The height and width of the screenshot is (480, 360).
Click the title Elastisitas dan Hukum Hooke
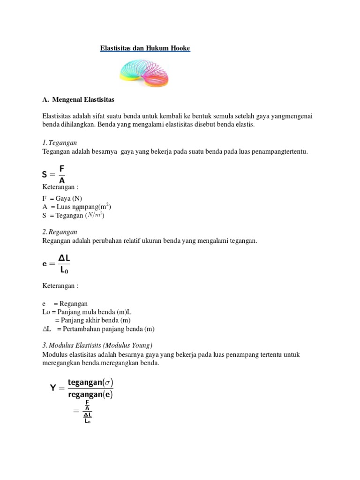point(145,48)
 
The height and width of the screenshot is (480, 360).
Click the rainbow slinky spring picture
point(144,74)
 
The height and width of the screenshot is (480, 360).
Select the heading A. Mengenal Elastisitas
point(78,100)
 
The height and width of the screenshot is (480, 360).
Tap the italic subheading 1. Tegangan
point(60,142)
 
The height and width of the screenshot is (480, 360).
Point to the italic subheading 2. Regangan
point(60,232)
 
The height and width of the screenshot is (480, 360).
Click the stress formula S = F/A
point(53,174)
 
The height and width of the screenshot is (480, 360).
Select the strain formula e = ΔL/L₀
point(56,263)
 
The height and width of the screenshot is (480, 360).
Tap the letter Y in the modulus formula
point(53,388)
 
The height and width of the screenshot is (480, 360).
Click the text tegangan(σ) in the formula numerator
point(90,382)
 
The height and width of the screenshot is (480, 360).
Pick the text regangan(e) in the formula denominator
point(90,394)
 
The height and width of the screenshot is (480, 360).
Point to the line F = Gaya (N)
point(62,198)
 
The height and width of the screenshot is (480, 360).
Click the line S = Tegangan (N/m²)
point(73,215)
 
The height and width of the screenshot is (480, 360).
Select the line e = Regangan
point(65,304)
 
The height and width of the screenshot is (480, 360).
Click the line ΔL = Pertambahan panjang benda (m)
point(98,329)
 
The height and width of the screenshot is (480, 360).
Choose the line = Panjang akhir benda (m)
point(92,321)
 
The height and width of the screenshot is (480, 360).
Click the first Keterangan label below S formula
point(60,187)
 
